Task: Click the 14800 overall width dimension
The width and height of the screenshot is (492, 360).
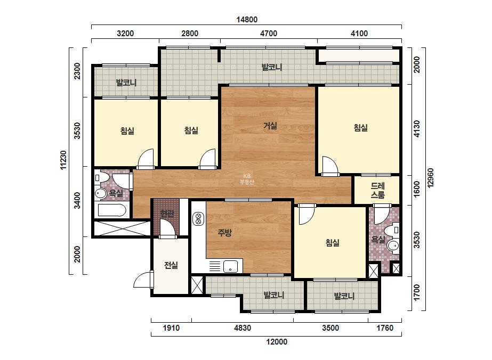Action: point(247,20)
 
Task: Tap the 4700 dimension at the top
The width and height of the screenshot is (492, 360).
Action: point(269,33)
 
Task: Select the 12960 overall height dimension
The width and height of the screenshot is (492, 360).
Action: point(430,178)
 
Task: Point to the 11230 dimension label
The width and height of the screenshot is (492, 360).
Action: point(63,160)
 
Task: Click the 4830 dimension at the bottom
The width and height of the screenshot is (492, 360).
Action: point(243,328)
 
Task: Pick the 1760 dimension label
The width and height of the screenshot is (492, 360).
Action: point(385,328)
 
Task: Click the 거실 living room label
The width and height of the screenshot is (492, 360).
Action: point(270,126)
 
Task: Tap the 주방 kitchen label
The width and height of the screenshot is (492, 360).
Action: point(225,232)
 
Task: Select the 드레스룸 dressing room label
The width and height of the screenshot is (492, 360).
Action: point(377,190)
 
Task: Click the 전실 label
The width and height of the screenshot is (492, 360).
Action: point(171,265)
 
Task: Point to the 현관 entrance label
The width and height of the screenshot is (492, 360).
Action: point(167,214)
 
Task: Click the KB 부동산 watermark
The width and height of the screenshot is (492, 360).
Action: point(247,179)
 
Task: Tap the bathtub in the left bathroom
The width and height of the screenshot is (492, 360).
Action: point(112,210)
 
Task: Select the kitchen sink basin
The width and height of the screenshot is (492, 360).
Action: point(231,267)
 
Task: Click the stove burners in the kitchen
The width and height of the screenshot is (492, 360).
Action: point(198,219)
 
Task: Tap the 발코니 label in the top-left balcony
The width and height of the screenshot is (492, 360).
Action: point(126,83)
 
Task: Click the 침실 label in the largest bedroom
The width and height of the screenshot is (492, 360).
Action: point(361,128)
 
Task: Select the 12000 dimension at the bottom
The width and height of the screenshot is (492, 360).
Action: point(277,342)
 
